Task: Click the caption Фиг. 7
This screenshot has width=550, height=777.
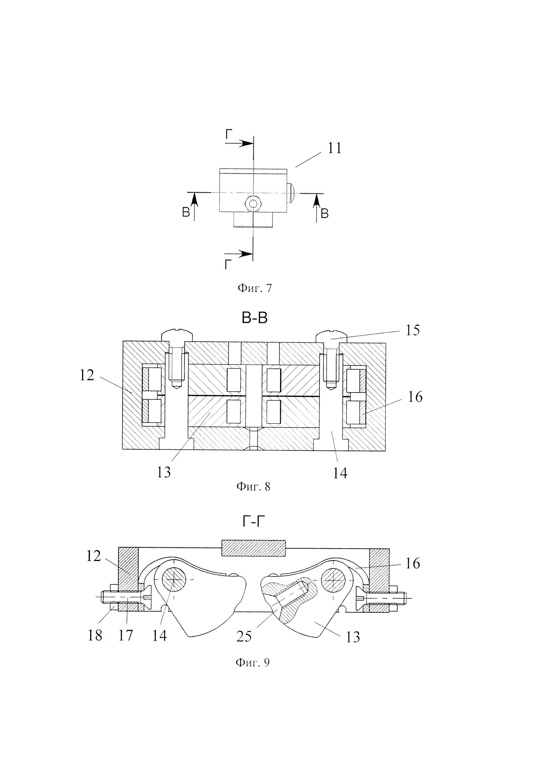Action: [x=254, y=288]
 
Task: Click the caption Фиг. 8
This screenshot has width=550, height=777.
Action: [x=253, y=487]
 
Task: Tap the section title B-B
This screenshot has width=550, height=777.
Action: [x=254, y=318]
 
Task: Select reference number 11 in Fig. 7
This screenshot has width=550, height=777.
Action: [x=335, y=148]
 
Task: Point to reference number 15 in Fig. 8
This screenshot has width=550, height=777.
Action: [x=412, y=330]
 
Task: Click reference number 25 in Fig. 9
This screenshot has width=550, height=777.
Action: [x=244, y=637]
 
